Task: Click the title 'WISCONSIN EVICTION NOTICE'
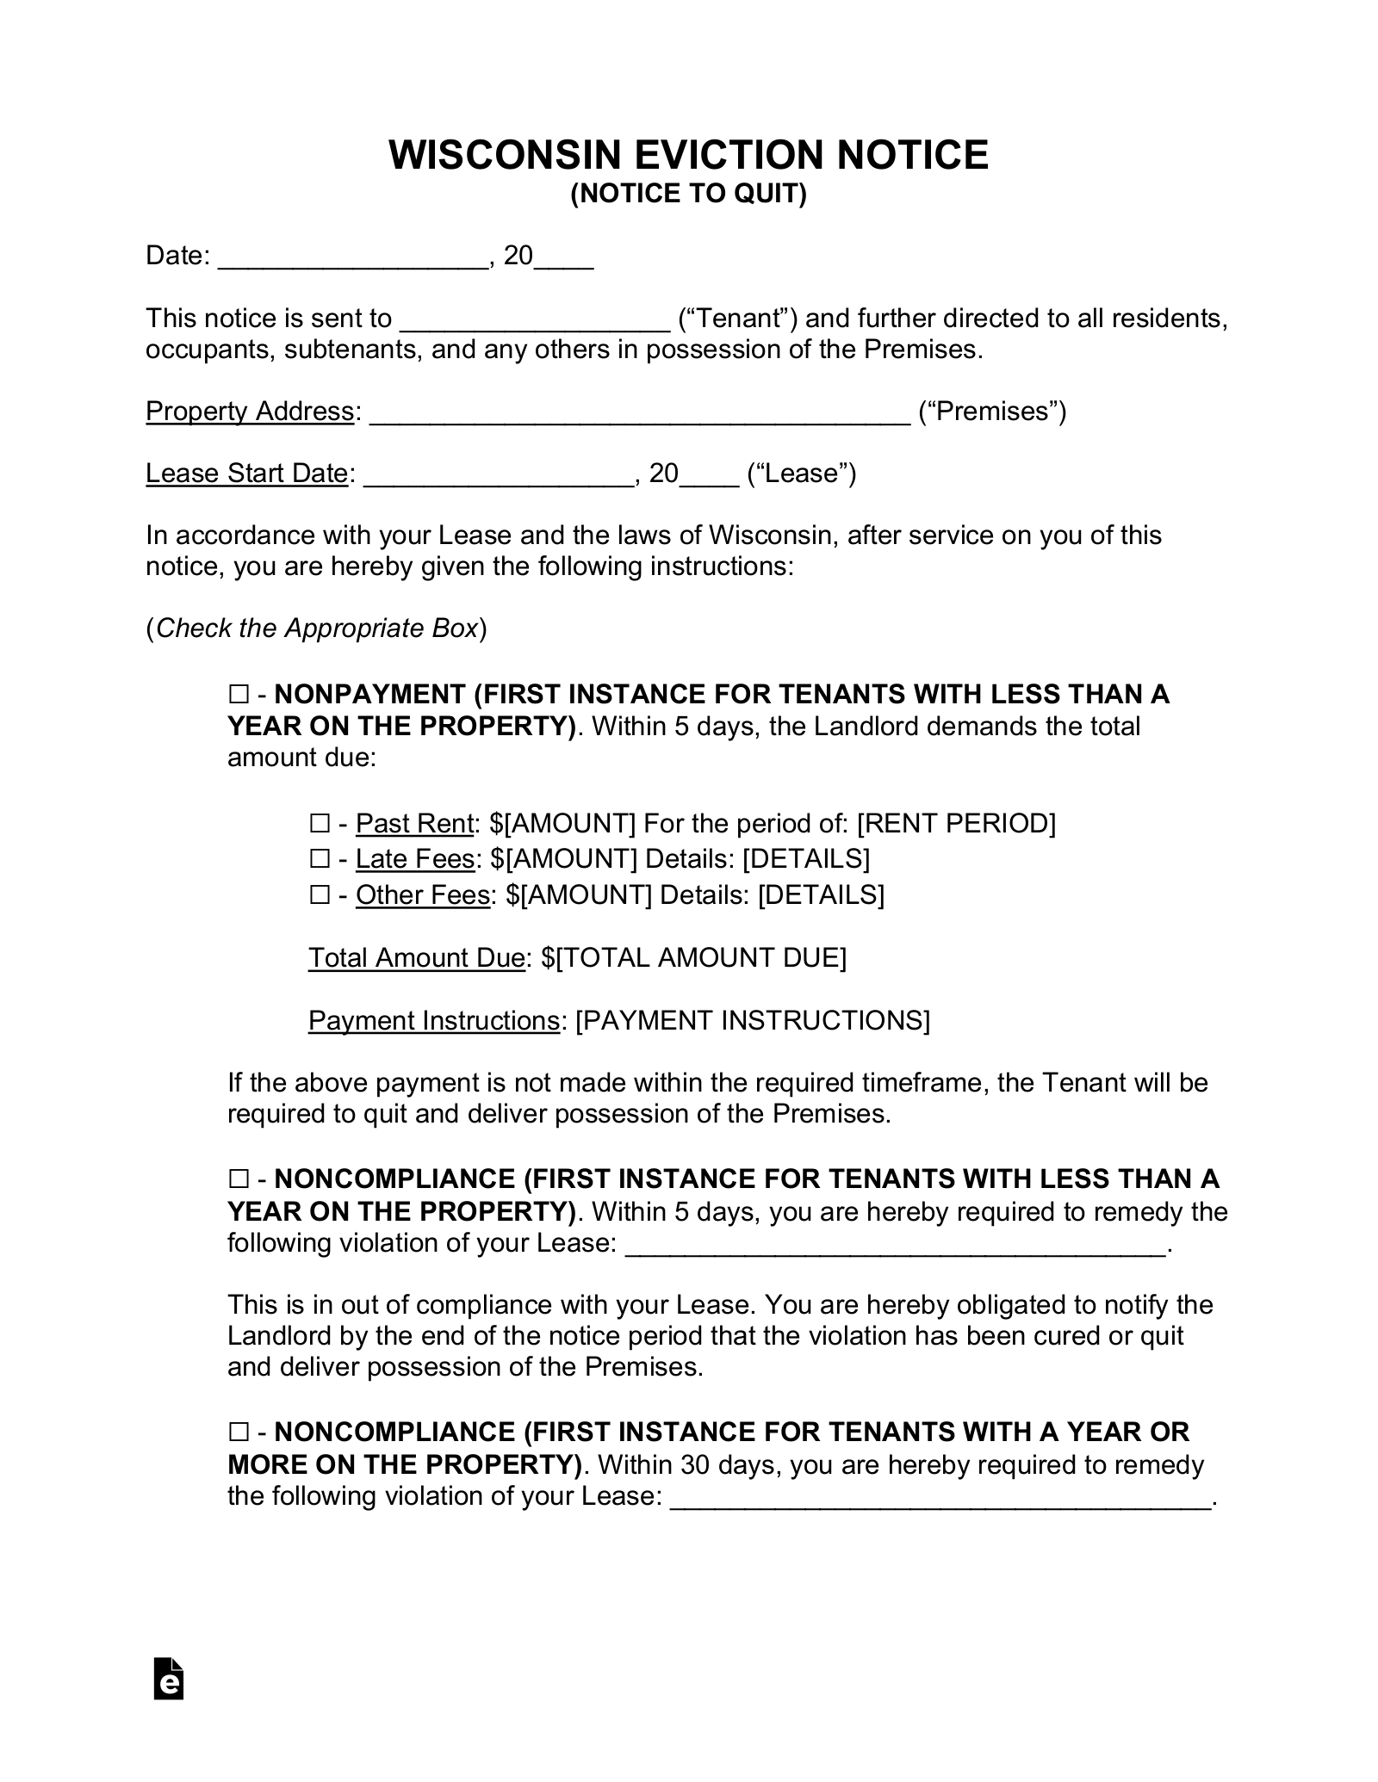click(688, 155)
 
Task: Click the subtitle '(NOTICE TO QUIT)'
click(688, 195)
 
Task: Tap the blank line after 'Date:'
click(353, 257)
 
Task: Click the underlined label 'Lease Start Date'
click(246, 473)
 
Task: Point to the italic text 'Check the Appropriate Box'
click(316, 628)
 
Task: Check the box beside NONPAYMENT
click(239, 694)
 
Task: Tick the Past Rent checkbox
click(320, 824)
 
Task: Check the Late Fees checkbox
click(320, 859)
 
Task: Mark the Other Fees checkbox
click(320, 895)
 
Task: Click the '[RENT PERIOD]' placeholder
click(956, 824)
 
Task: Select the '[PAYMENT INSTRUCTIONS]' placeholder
click(753, 1020)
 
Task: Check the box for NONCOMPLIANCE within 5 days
click(239, 1179)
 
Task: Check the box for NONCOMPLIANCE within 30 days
click(239, 1432)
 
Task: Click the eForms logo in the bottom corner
click(169, 1678)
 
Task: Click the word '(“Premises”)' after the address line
click(992, 411)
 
